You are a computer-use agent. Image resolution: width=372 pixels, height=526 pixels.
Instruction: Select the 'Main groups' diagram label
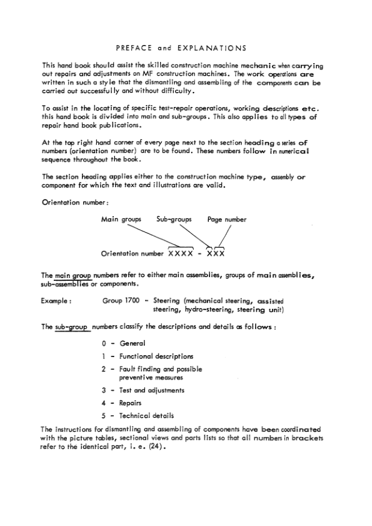tap(121, 220)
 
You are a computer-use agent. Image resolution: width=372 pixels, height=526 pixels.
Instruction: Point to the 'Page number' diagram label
tap(226, 220)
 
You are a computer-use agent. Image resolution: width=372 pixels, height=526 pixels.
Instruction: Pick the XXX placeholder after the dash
tap(214, 254)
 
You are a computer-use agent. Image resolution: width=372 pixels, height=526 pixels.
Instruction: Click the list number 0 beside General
tap(103, 343)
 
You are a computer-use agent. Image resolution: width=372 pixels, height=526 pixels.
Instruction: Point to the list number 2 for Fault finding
tap(103, 369)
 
